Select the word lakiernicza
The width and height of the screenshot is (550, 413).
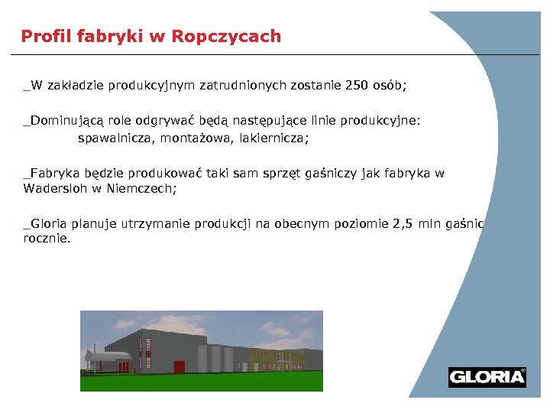pyautogui.click(x=274, y=138)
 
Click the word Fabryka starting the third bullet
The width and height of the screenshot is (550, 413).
pyautogui.click(x=53, y=173)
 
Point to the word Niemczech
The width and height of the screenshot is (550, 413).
pyautogui.click(x=145, y=187)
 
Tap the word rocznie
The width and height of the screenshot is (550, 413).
pyautogui.click(x=47, y=238)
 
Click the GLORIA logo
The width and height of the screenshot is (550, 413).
pyautogui.click(x=487, y=376)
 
